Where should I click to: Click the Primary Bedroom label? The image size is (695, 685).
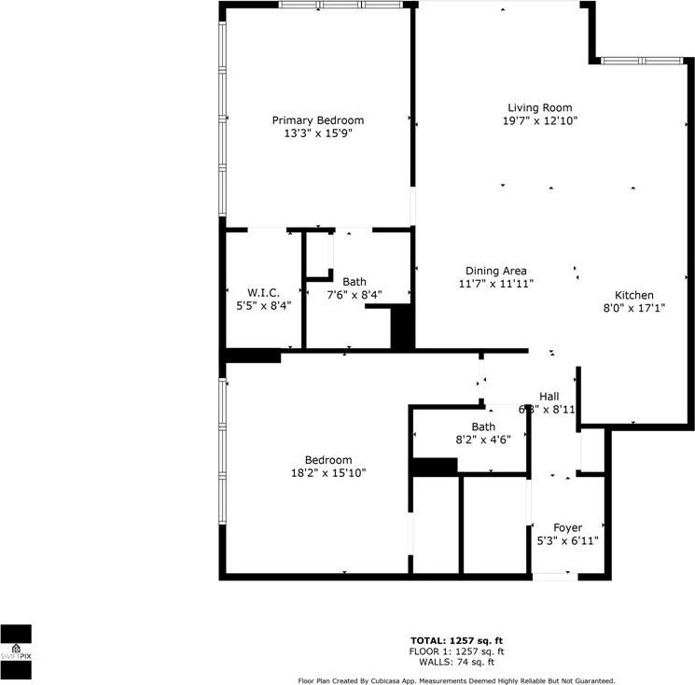click(x=317, y=120)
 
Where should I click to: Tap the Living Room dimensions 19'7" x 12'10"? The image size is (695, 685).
click(x=539, y=121)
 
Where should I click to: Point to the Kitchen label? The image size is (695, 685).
click(x=633, y=295)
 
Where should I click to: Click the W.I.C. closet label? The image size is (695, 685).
click(x=263, y=293)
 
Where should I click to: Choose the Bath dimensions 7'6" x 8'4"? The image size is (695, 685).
click(x=354, y=295)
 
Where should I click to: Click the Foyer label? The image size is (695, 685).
click(x=567, y=527)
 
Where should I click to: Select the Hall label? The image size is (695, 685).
click(x=549, y=396)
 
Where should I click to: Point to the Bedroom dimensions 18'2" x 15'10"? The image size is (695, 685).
click(x=328, y=473)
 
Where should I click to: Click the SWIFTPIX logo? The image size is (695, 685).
click(x=16, y=645)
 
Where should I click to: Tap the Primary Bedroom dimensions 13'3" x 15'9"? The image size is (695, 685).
click(x=317, y=133)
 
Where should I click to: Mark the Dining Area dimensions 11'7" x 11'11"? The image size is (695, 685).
click(x=495, y=284)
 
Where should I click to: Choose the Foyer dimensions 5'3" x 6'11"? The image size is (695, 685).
click(x=567, y=540)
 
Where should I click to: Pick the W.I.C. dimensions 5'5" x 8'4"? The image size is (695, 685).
click(x=263, y=306)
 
